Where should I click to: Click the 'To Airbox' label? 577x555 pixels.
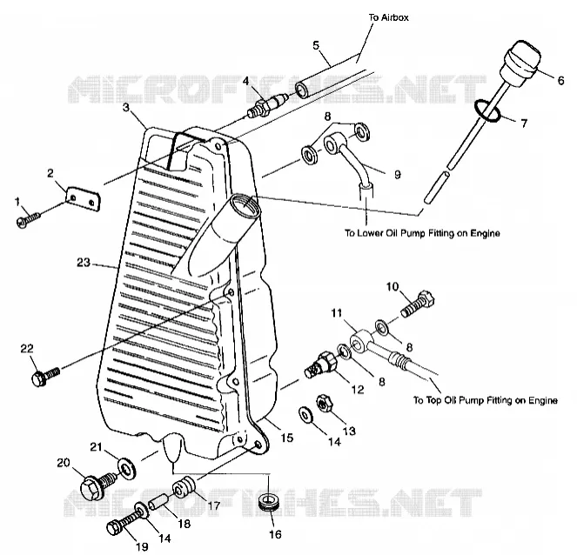click(x=389, y=17)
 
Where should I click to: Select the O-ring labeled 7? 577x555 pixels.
click(x=487, y=110)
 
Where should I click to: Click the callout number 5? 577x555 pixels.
click(x=316, y=45)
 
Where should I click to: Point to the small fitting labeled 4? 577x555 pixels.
click(x=268, y=104)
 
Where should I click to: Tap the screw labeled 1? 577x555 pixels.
click(x=28, y=220)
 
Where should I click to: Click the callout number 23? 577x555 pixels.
click(x=84, y=263)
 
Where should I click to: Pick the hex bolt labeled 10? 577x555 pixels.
click(x=417, y=304)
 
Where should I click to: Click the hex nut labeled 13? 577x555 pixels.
click(x=325, y=404)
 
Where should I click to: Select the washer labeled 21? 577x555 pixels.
click(x=126, y=468)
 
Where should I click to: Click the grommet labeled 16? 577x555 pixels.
click(x=269, y=502)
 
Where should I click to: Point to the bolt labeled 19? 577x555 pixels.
click(x=122, y=525)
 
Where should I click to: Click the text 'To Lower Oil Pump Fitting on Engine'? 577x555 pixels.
click(x=422, y=233)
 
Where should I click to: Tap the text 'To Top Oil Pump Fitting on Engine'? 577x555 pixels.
click(x=486, y=400)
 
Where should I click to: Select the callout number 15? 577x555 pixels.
click(x=287, y=438)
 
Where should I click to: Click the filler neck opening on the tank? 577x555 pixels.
click(x=245, y=206)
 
